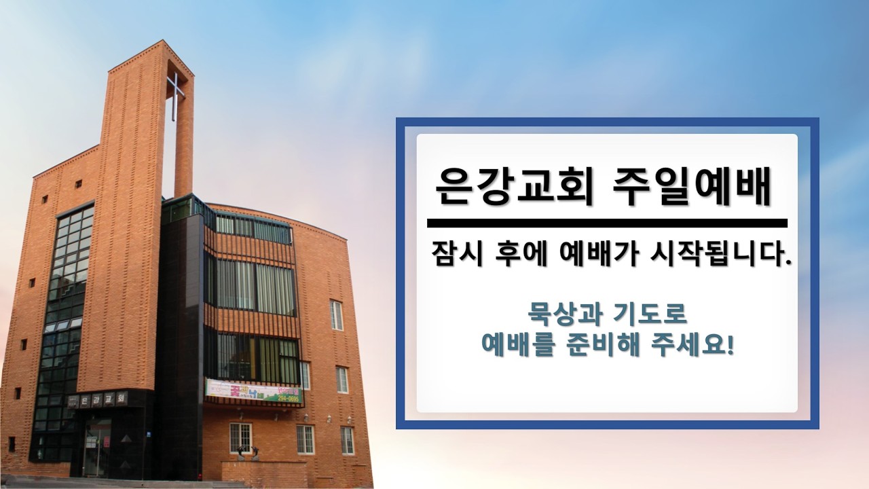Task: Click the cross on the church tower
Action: (x=175, y=96)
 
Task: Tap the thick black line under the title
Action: (x=607, y=223)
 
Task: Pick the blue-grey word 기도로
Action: (x=652, y=314)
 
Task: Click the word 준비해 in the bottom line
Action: (x=602, y=345)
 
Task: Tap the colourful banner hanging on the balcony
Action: (x=254, y=391)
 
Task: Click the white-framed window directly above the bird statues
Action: (x=240, y=437)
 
